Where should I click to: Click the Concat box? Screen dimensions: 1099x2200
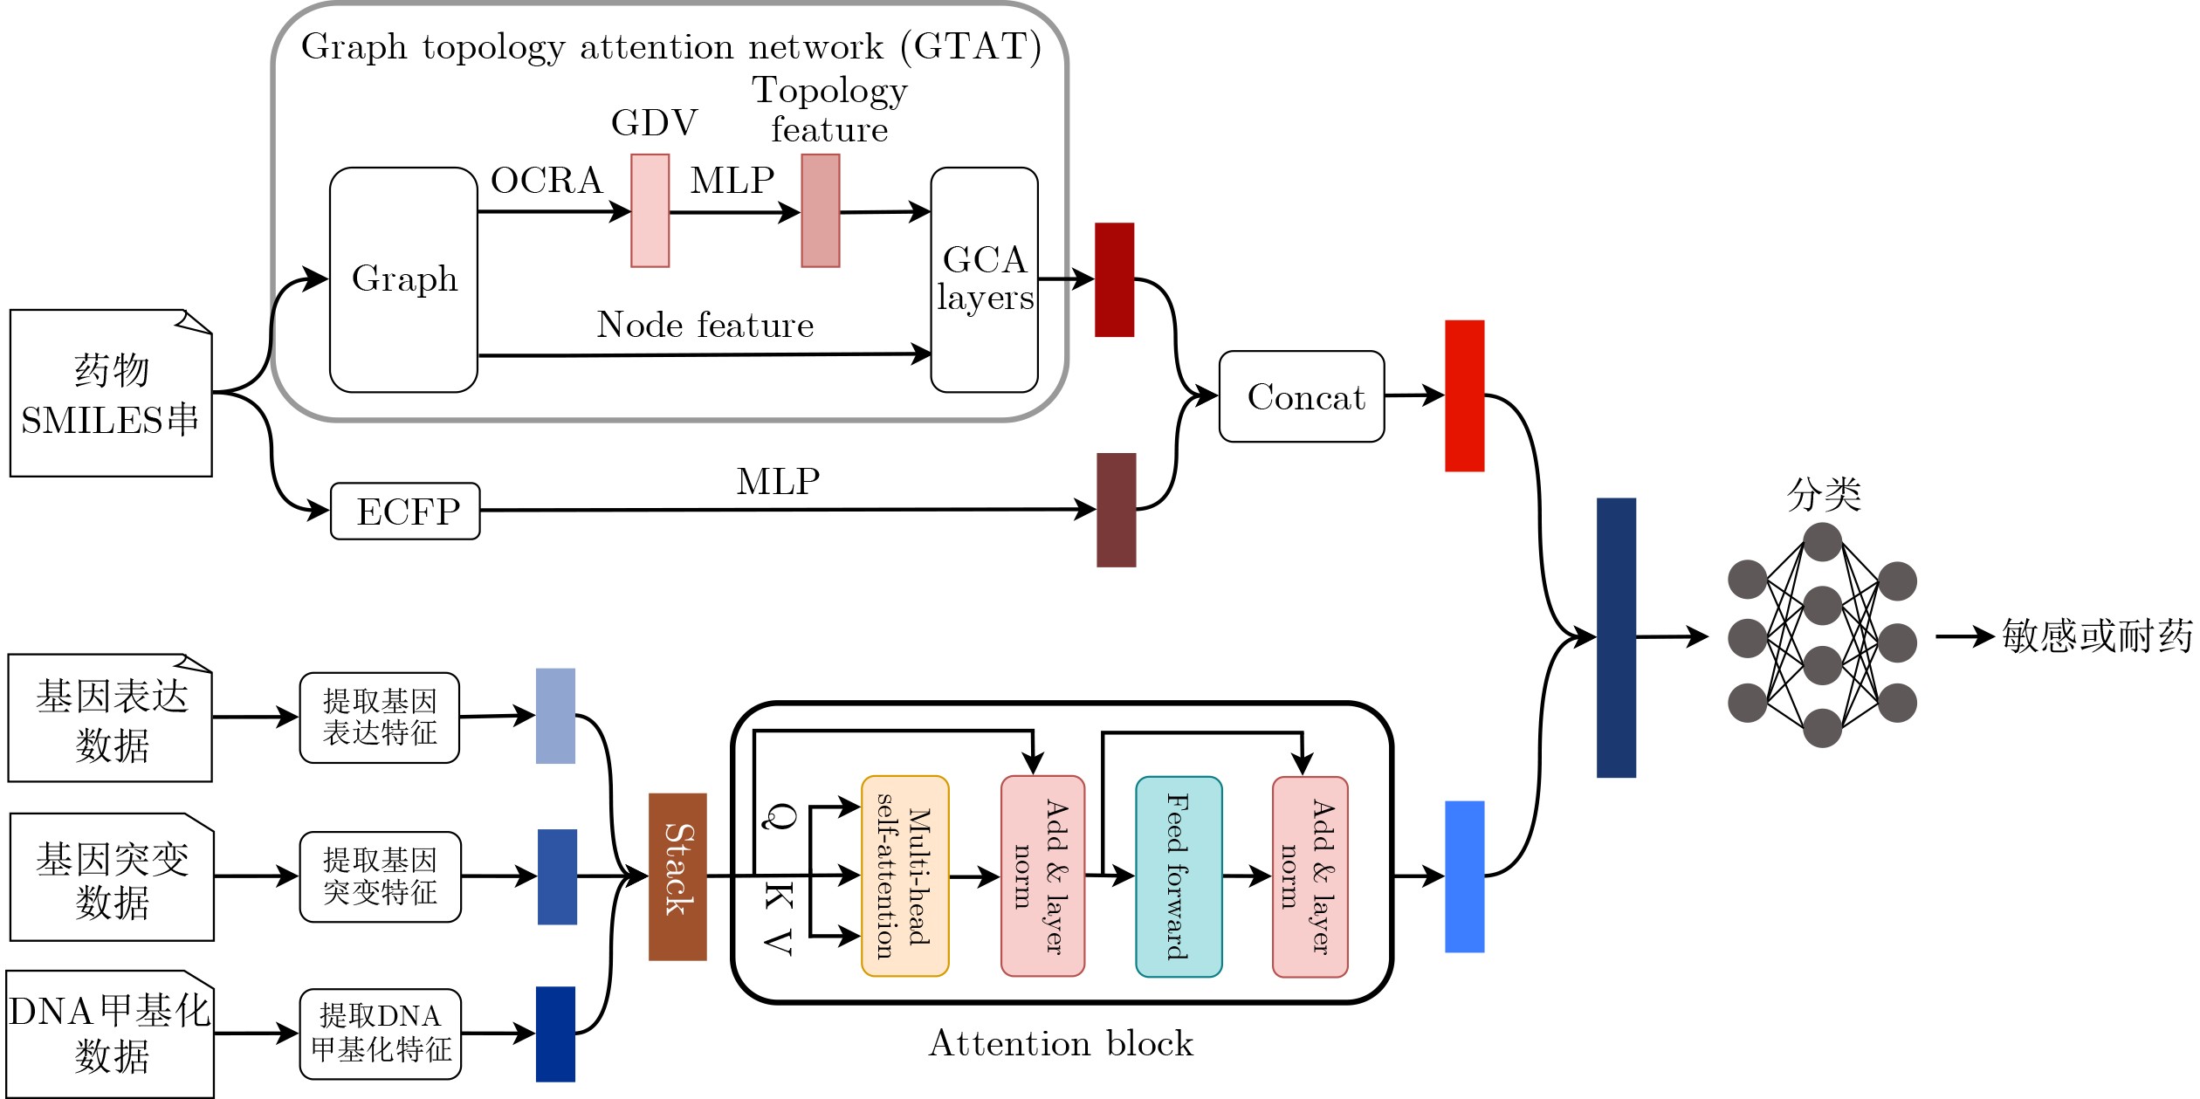[1301, 396]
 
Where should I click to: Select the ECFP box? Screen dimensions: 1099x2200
[405, 511]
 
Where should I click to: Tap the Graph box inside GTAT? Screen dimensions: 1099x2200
[403, 279]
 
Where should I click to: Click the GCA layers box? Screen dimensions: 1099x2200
[984, 279]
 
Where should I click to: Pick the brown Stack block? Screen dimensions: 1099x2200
[677, 876]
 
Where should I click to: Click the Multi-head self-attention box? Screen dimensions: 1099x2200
[904, 876]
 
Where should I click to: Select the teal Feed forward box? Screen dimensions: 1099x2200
[1179, 876]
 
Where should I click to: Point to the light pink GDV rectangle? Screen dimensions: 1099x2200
[650, 210]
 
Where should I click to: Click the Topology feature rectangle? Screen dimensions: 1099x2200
[821, 210]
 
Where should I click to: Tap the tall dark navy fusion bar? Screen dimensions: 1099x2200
[1616, 637]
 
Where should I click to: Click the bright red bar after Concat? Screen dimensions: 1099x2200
[1464, 395]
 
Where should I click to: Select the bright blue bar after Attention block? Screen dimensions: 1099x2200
[1464, 876]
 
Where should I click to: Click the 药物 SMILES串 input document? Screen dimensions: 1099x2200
[111, 394]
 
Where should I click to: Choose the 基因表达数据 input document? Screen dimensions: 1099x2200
[111, 718]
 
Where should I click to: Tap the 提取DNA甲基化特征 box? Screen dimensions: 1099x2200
[380, 1034]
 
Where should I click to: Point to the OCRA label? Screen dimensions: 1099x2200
[547, 181]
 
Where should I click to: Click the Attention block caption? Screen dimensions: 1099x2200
[1061, 1043]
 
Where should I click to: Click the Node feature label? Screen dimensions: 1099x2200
[705, 325]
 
